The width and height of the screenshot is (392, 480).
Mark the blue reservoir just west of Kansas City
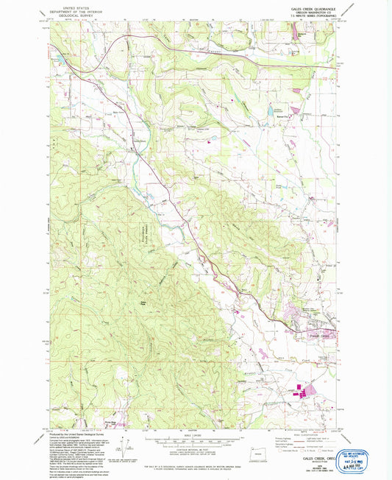[279, 110]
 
